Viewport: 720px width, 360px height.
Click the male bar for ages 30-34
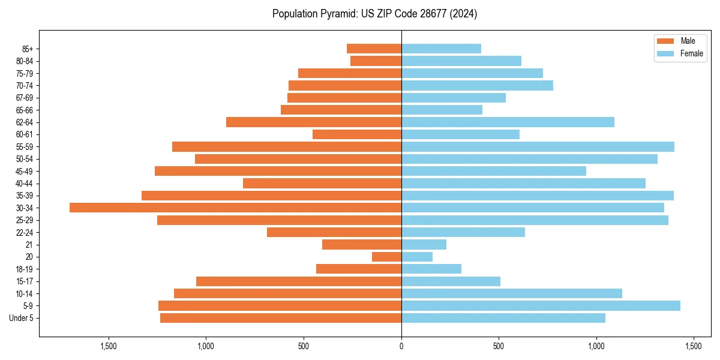235,208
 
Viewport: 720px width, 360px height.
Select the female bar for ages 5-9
541,306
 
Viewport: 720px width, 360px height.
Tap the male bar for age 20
386,257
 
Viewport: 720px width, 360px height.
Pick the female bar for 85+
441,49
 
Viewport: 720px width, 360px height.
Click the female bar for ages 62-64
508,122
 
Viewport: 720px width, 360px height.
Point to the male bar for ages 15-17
299,281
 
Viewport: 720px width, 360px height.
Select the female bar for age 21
424,245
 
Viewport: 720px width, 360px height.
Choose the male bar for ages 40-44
322,184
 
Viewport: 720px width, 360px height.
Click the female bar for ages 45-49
494,171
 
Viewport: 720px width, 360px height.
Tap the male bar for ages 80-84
376,61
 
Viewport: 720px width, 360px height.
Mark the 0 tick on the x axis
401,347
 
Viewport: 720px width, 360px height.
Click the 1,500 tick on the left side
109,347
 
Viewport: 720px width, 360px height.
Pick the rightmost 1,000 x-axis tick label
596,347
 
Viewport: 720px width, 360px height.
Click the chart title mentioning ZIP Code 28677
374,14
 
